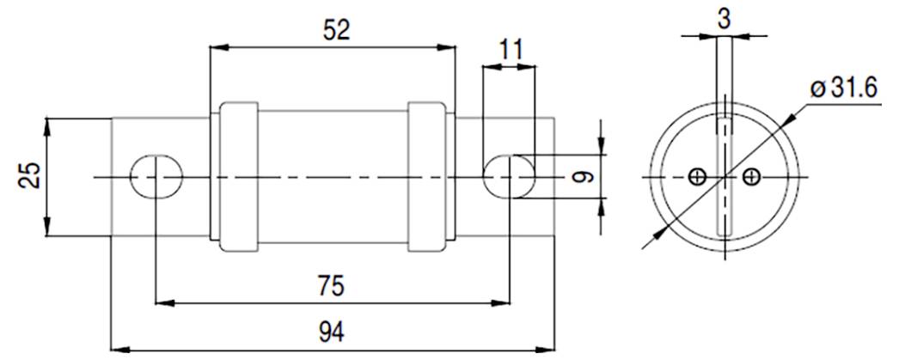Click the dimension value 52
(x=337, y=29)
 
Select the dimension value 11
(x=511, y=48)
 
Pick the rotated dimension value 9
(x=584, y=177)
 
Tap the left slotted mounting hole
(x=156, y=177)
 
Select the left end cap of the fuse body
(x=239, y=177)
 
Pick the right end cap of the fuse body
(x=427, y=177)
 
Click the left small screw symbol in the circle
(x=697, y=177)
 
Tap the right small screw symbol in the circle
(x=753, y=177)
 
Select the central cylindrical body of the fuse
(x=333, y=177)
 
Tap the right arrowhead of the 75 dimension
(x=505, y=302)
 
